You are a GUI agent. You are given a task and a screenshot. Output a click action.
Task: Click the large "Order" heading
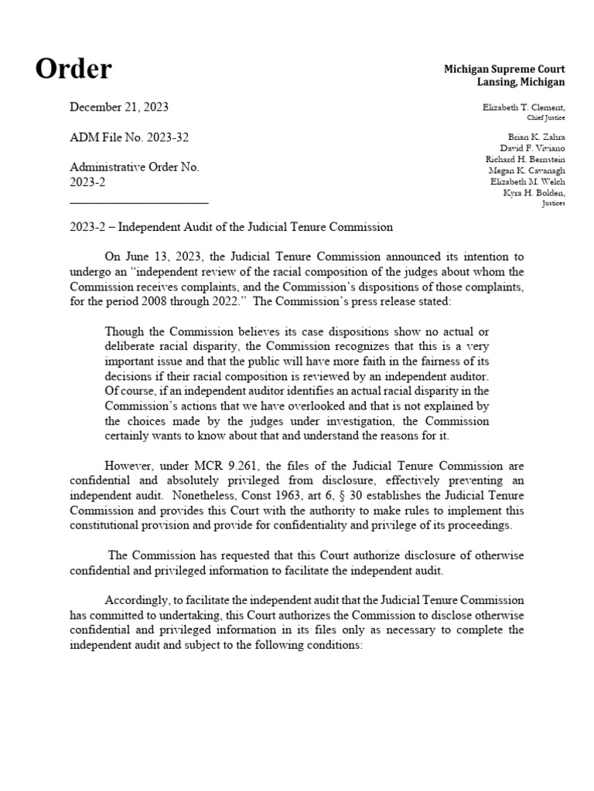pyautogui.click(x=73, y=69)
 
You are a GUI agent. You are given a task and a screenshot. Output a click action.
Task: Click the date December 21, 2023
pyautogui.click(x=119, y=107)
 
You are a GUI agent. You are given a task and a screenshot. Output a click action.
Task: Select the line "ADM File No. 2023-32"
pyautogui.click(x=129, y=137)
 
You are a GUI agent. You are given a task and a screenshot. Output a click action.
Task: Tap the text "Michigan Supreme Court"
pyautogui.click(x=504, y=70)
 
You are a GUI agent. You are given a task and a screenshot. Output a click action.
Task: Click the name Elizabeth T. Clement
pyautogui.click(x=523, y=107)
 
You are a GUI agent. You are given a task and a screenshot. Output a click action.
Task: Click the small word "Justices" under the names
pyautogui.click(x=554, y=203)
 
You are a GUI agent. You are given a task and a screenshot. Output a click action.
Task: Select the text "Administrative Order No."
pyautogui.click(x=135, y=167)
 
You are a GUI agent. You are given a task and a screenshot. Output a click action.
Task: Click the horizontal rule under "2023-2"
pyautogui.click(x=139, y=202)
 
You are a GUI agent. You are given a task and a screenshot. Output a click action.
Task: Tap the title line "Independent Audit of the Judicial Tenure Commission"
pyautogui.click(x=255, y=227)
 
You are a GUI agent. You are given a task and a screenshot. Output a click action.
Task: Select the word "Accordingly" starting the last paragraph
pyautogui.click(x=133, y=600)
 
